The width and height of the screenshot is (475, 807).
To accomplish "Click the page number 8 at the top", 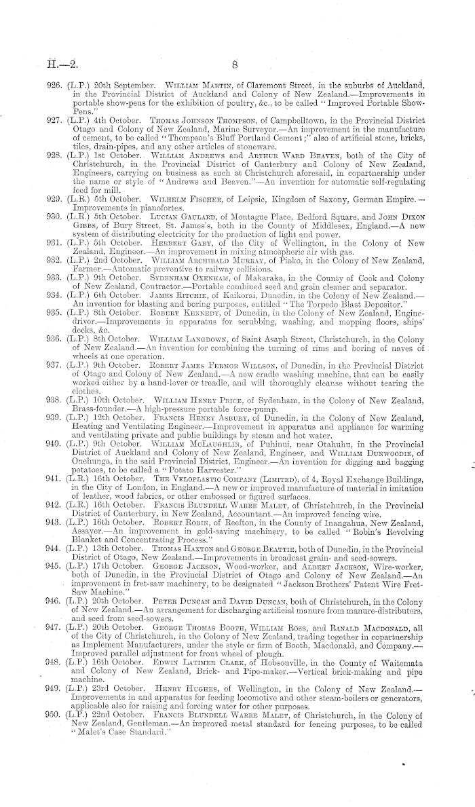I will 233,67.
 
